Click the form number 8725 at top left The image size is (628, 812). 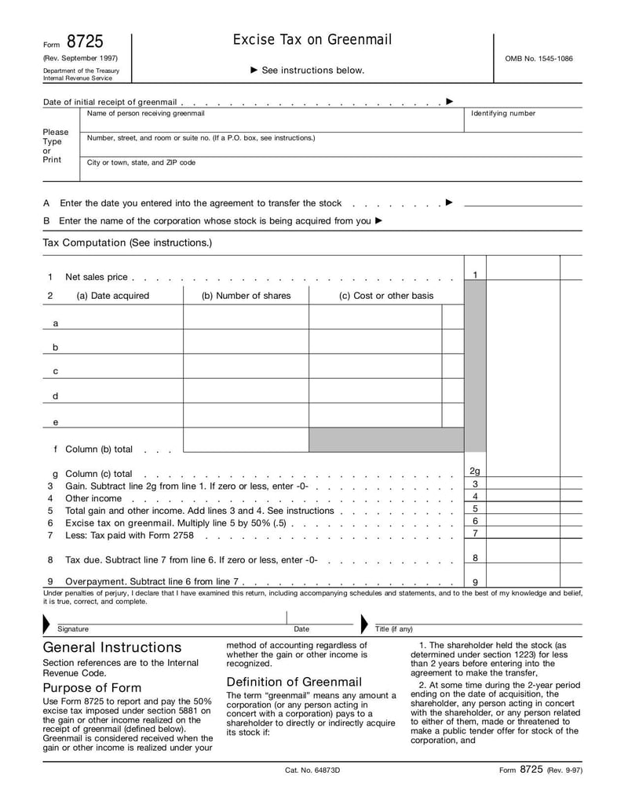tap(85, 42)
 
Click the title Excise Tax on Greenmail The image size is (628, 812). tap(312, 40)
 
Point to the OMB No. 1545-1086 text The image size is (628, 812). tap(539, 59)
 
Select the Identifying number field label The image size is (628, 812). tap(502, 114)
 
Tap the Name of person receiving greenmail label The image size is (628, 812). tap(145, 114)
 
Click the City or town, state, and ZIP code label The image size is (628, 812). tap(141, 162)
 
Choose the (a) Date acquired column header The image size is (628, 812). tap(112, 296)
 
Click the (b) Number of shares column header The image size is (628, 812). tap(246, 296)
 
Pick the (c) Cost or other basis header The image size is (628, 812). tap(385, 296)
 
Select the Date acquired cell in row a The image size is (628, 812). tap(122, 318)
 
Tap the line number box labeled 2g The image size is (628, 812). tap(475, 471)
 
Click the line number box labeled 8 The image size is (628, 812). tap(475, 558)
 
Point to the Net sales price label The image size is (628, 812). tap(96, 277)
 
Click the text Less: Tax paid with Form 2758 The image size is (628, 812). tap(130, 536)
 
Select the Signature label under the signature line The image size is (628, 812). tap(73, 629)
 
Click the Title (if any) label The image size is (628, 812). tap(393, 629)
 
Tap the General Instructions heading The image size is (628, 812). tap(111, 647)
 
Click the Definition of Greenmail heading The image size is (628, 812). tap(294, 682)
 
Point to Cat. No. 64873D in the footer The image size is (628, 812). tap(312, 770)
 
